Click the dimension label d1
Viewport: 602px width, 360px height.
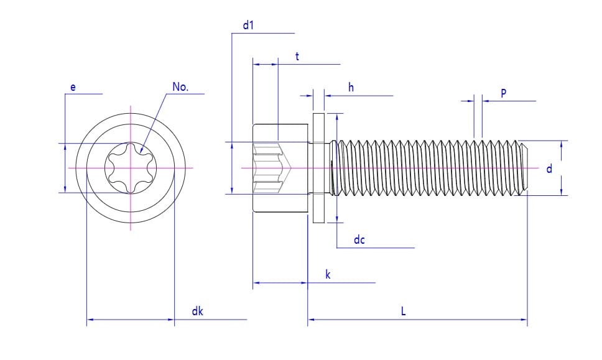(x=248, y=25)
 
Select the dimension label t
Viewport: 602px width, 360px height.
(x=297, y=57)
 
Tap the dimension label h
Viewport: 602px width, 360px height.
(x=351, y=88)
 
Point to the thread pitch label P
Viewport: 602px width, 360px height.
(x=503, y=93)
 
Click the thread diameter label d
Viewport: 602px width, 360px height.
(x=549, y=168)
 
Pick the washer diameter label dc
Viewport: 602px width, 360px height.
(x=359, y=240)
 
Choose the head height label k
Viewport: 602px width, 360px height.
(x=328, y=274)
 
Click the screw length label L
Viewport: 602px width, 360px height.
(x=403, y=312)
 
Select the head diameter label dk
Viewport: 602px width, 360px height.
(x=197, y=312)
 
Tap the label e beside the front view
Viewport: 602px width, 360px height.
(x=73, y=88)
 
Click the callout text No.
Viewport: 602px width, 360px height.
(x=180, y=87)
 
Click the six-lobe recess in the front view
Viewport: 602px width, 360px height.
(x=131, y=168)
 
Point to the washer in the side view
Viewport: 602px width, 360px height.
(x=318, y=168)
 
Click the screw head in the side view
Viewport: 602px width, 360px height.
(x=280, y=168)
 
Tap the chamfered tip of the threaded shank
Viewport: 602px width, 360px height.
(x=524, y=168)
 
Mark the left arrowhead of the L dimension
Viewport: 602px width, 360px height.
(x=311, y=320)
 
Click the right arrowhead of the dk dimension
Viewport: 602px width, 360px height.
(x=171, y=320)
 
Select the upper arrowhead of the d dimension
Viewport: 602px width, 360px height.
(x=562, y=144)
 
